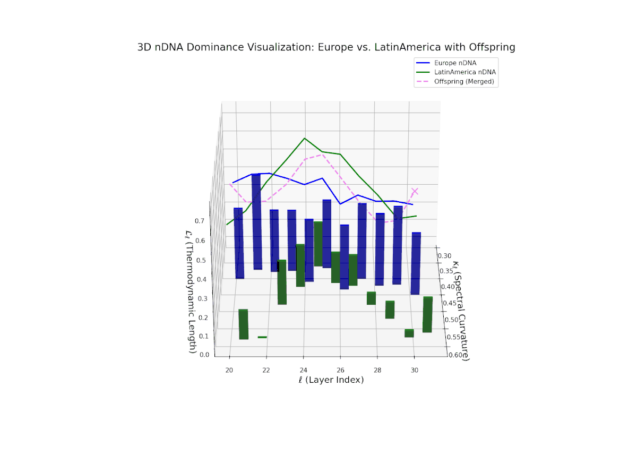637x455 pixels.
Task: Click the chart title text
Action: [x=326, y=47]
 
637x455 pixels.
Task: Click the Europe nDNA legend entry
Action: [x=455, y=63]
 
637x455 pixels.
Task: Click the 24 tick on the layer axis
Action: [x=303, y=370]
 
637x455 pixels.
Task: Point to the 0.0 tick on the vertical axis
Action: [x=204, y=355]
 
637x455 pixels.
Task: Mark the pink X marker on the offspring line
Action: [x=415, y=192]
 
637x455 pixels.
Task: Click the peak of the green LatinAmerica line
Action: [x=305, y=138]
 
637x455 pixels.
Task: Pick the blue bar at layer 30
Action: [x=416, y=263]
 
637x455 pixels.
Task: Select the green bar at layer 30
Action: [x=427, y=315]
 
